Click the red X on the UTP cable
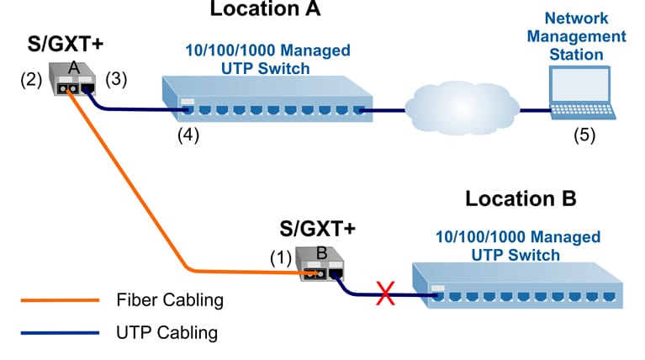386,294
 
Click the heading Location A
265,10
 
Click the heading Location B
521,199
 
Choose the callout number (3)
117,81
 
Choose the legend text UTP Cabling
167,332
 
